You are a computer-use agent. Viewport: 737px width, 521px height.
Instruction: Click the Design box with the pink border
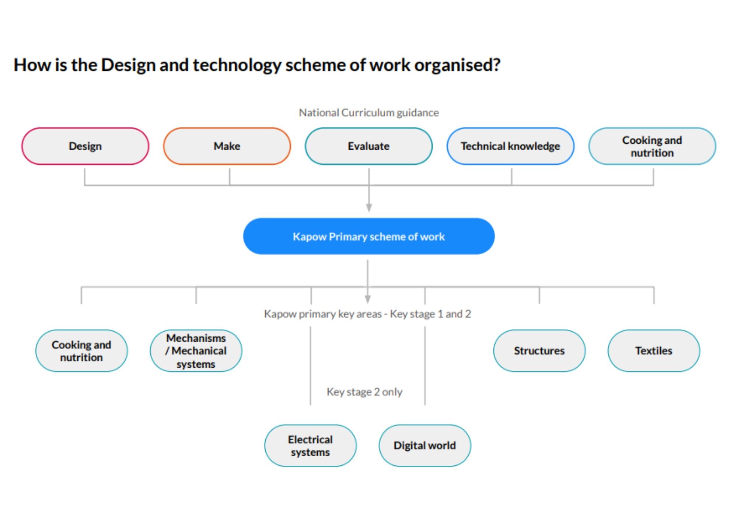click(x=85, y=146)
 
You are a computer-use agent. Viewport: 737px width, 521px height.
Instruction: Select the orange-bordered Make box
click(x=227, y=146)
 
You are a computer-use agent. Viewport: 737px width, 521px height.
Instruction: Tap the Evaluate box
click(x=369, y=146)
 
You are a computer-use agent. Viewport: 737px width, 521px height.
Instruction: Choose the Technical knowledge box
click(x=510, y=146)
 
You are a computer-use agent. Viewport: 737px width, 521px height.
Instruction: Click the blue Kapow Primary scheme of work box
click(x=369, y=236)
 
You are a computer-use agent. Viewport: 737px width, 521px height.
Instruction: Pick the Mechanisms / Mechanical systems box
click(x=196, y=351)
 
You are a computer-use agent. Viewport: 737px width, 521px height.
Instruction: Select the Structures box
click(x=539, y=351)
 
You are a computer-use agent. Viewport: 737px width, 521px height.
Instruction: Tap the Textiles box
click(x=654, y=351)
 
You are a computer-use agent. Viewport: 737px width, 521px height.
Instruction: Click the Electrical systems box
click(x=310, y=445)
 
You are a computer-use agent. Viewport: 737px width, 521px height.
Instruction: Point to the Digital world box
click(x=425, y=445)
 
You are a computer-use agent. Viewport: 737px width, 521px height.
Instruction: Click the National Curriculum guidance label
click(x=369, y=113)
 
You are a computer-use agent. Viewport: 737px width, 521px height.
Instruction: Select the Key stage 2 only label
click(x=364, y=392)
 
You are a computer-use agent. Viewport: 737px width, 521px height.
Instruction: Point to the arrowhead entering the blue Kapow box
click(x=369, y=207)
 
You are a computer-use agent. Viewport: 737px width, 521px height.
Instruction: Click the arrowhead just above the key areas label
click(x=368, y=299)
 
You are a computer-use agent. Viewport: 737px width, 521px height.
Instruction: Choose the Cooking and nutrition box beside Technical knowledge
click(x=652, y=146)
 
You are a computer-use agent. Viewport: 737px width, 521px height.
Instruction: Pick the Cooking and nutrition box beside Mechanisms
click(x=81, y=351)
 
